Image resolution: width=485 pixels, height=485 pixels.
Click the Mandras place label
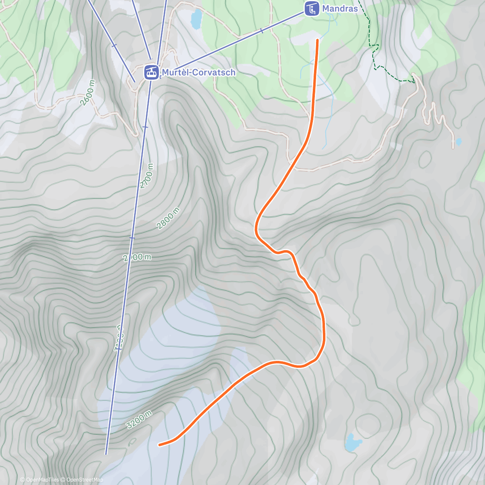click(339, 8)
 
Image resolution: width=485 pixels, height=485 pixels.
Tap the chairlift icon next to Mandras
click(311, 8)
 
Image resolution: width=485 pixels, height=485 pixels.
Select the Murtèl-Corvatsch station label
click(198, 72)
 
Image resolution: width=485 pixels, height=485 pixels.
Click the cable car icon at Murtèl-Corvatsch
click(152, 73)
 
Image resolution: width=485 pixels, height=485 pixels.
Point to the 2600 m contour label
click(88, 93)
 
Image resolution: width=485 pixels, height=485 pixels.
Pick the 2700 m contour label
click(148, 176)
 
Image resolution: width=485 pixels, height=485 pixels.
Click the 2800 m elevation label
click(168, 218)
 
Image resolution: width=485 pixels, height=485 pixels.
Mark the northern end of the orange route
click(318, 40)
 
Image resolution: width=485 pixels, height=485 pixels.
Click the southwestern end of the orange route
click(160, 445)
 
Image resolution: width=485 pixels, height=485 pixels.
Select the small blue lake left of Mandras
click(196, 19)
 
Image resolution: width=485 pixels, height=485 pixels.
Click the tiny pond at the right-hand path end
click(458, 142)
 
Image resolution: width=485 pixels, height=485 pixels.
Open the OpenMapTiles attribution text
click(39, 480)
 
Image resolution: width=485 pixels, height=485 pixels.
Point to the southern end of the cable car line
click(106, 453)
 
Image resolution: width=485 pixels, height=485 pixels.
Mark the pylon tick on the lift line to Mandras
click(262, 31)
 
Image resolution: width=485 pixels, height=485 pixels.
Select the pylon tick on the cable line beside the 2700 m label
click(145, 127)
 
